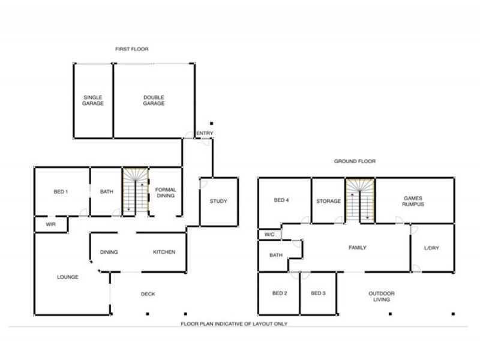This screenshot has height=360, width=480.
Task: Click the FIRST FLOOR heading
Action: (x=132, y=49)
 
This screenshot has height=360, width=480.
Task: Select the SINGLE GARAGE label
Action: (x=93, y=100)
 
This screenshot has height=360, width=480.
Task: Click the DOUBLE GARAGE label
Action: (x=154, y=100)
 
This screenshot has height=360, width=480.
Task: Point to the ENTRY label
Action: (x=204, y=133)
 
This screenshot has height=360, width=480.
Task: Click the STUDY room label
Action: (x=218, y=201)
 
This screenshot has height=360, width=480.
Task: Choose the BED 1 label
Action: (x=61, y=191)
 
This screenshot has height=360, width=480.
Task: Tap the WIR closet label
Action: (x=50, y=224)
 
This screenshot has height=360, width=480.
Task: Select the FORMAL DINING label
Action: (x=166, y=192)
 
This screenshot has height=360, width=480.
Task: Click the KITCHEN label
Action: (x=164, y=252)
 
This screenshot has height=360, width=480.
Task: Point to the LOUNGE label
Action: (x=68, y=277)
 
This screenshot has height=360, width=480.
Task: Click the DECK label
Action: (x=148, y=294)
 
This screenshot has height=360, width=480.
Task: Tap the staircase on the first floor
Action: (x=134, y=191)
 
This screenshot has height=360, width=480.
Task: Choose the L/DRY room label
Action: (x=431, y=248)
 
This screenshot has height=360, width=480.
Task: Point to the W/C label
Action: (x=269, y=235)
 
